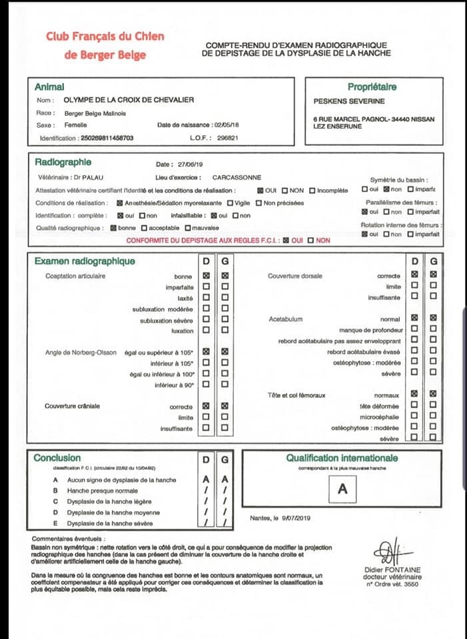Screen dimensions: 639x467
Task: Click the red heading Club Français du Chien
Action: pyautogui.click(x=105, y=36)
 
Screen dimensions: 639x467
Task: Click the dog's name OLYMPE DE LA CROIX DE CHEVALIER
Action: pyautogui.click(x=129, y=100)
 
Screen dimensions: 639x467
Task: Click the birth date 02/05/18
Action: pyautogui.click(x=226, y=125)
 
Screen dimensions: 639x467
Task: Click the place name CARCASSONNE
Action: pyautogui.click(x=236, y=178)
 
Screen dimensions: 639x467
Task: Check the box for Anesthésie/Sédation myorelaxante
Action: pyautogui.click(x=120, y=203)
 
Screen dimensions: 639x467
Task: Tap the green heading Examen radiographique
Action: pyautogui.click(x=85, y=261)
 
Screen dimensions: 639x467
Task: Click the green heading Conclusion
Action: pyautogui.click(x=57, y=458)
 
